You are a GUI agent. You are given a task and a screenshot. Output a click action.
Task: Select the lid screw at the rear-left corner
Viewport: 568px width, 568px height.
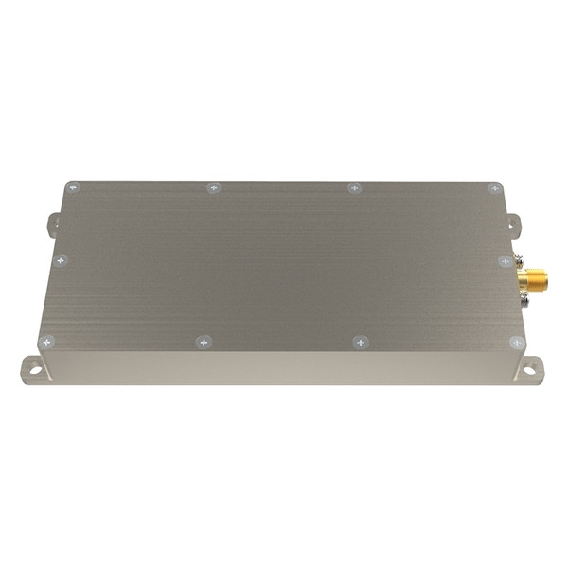tap(72, 188)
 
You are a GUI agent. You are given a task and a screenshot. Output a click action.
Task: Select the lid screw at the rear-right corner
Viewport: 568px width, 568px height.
tap(493, 188)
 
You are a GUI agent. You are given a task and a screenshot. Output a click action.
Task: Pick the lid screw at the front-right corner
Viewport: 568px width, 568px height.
tap(516, 342)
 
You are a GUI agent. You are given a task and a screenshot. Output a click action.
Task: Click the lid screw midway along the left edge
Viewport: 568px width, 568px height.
tap(61, 259)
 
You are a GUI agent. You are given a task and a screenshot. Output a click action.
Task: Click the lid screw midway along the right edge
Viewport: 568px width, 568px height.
tap(505, 259)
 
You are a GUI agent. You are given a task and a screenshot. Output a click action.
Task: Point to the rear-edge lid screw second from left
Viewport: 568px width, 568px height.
tap(214, 188)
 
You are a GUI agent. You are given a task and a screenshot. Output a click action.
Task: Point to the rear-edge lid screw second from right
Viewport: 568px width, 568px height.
tap(353, 188)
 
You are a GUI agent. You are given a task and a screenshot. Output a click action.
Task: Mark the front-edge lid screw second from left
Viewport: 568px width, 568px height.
tap(203, 342)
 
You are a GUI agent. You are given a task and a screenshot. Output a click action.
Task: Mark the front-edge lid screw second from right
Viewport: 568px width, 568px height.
tap(360, 342)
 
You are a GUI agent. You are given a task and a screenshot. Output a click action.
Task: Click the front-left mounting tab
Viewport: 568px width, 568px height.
tap(31, 367)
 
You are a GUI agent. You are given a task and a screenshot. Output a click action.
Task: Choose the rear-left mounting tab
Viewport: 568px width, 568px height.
tap(53, 224)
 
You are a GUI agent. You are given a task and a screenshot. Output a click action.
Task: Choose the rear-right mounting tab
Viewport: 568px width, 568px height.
tap(512, 224)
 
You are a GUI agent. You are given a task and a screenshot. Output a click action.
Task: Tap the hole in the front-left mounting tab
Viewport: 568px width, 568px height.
tap(35, 368)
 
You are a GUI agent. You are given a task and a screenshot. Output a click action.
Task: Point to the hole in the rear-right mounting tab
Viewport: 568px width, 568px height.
tap(514, 224)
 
